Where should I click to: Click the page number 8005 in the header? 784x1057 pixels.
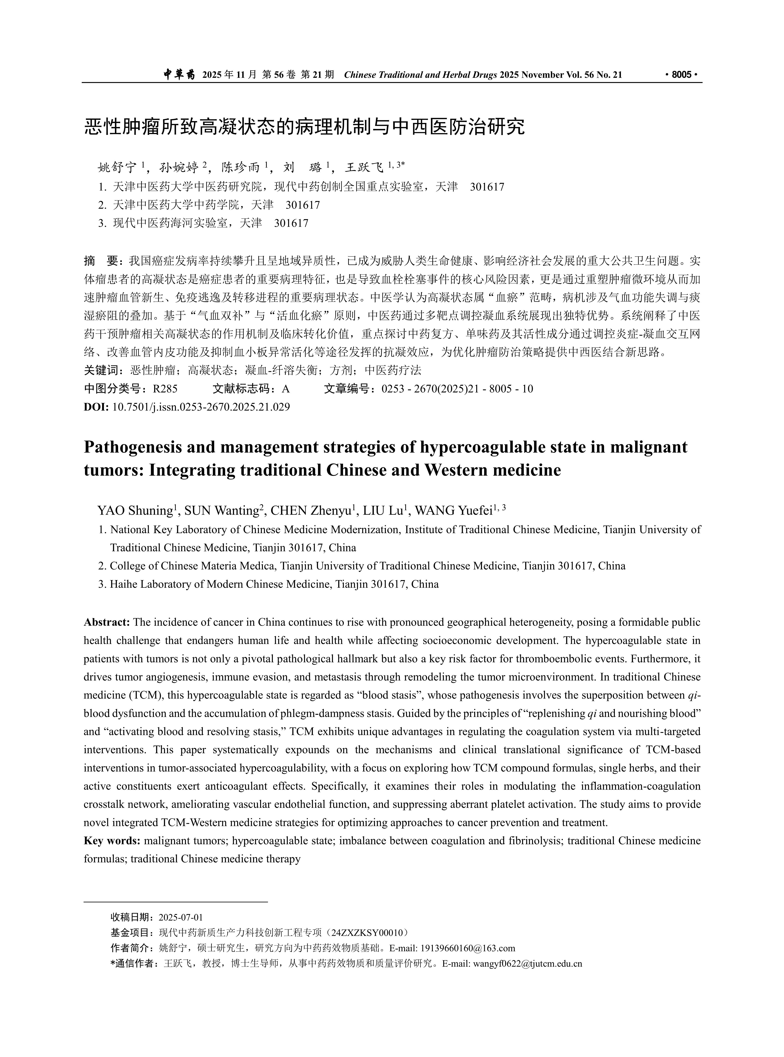(x=682, y=75)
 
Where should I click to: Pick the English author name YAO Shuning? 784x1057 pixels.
(x=134, y=510)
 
